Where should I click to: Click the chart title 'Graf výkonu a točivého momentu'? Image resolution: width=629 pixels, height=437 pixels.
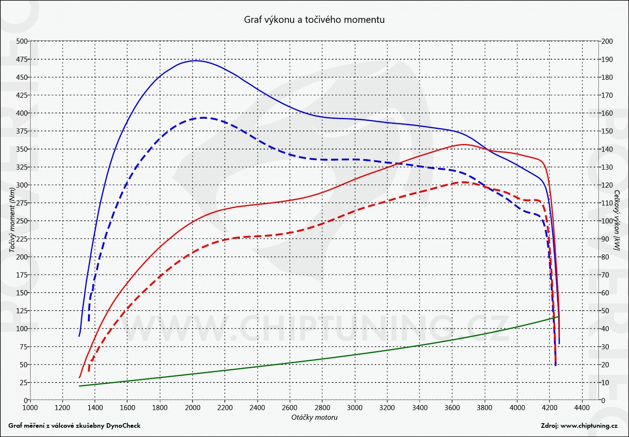pyautogui.click(x=314, y=19)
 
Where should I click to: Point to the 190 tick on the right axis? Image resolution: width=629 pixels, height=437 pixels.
pyautogui.click(x=607, y=59)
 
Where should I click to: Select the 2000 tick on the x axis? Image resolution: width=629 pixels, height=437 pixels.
pyautogui.click(x=192, y=408)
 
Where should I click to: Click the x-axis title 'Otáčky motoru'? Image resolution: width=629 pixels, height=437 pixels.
pyautogui.click(x=314, y=417)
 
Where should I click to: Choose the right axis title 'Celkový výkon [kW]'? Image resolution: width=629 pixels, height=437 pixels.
pyautogui.click(x=616, y=221)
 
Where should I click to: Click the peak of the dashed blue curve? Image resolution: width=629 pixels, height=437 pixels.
pyautogui.click(x=203, y=118)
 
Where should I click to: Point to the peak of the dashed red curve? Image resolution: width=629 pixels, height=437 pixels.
pyautogui.click(x=464, y=182)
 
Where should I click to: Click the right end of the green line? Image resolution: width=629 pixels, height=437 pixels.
pyautogui.click(x=559, y=316)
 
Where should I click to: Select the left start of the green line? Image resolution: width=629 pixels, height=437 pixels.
pyautogui.click(x=79, y=386)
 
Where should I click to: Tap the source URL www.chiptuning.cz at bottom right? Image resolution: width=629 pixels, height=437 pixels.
pyautogui.click(x=589, y=426)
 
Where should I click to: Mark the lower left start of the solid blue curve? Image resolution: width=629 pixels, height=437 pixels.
pyautogui.click(x=79, y=336)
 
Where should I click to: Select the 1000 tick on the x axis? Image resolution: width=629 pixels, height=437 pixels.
pyautogui.click(x=30, y=408)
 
